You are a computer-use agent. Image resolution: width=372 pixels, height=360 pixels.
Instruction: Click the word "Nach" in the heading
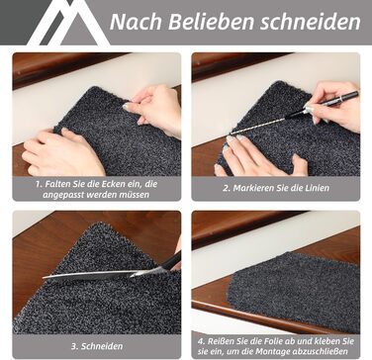click(137, 22)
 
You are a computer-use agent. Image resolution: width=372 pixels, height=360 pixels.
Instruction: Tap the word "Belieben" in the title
click(212, 22)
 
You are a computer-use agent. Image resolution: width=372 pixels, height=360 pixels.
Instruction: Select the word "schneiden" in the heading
click(311, 22)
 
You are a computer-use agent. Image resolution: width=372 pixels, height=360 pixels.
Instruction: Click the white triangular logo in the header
click(68, 23)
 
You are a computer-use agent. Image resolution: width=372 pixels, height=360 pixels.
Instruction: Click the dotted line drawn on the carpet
click(258, 126)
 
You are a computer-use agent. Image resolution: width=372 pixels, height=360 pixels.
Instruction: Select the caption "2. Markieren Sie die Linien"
click(276, 189)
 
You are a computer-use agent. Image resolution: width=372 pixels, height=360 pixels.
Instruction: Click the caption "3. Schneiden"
click(97, 346)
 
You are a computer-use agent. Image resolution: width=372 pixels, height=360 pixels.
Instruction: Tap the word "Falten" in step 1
click(57, 184)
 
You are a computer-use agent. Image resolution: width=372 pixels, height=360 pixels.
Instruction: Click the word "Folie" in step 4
click(265, 341)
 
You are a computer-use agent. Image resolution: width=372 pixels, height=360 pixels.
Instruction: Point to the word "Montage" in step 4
click(273, 352)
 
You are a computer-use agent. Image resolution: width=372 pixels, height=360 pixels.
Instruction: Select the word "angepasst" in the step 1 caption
click(63, 195)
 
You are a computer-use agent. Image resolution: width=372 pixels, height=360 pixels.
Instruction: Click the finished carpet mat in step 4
click(294, 290)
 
